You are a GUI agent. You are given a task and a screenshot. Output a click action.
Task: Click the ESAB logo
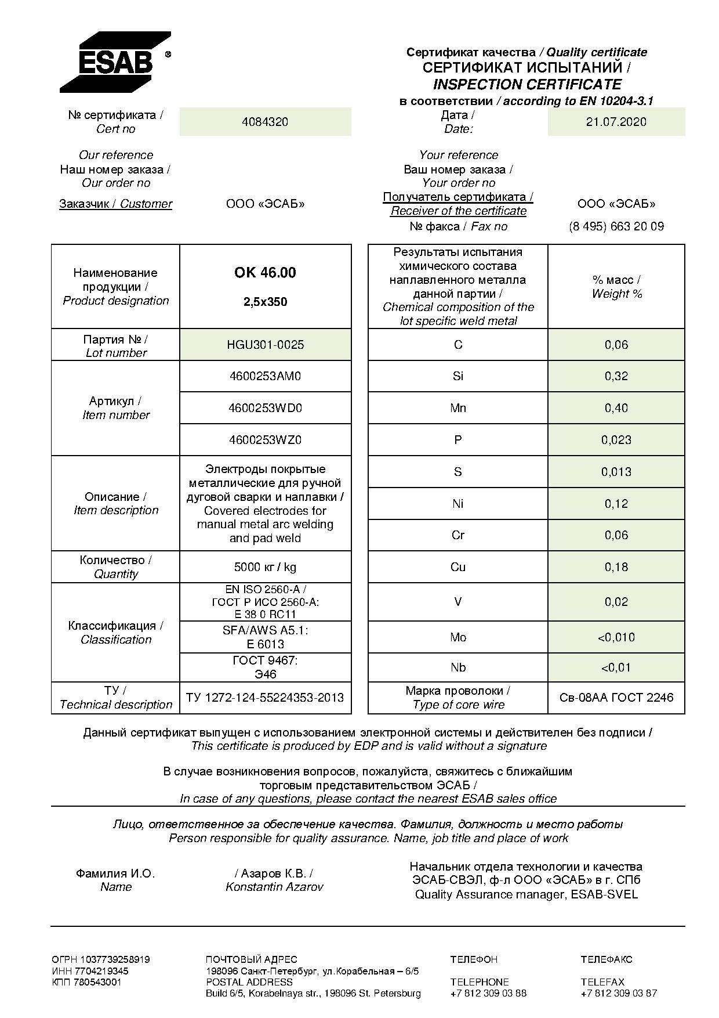[115, 62]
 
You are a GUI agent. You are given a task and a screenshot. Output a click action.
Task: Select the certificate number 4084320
[265, 122]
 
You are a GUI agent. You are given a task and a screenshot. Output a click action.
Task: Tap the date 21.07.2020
[616, 122]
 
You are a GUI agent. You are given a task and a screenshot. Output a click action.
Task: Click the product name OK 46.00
[265, 273]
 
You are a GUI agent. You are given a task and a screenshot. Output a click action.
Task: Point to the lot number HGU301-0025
[265, 345]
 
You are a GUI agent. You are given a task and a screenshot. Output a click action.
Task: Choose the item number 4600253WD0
[265, 408]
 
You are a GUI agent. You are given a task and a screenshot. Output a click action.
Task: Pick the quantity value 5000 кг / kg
[265, 567]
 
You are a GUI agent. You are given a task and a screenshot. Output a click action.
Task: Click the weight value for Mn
[616, 408]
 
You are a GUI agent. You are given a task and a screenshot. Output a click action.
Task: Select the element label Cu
[458, 567]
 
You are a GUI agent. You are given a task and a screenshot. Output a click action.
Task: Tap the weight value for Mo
[616, 637]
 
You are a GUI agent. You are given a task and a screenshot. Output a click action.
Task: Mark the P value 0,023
[616, 440]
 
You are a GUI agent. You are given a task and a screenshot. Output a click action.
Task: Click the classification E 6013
[265, 644]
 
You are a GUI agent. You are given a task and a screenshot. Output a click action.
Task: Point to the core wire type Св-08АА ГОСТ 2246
[616, 698]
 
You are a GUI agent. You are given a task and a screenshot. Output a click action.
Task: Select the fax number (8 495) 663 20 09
[616, 226]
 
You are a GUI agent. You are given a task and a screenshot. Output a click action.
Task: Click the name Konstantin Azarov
[274, 887]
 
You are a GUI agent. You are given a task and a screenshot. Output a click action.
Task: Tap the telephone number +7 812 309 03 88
[488, 993]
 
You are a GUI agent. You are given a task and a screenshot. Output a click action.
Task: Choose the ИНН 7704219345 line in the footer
[90, 970]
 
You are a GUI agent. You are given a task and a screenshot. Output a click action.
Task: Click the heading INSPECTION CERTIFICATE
[526, 84]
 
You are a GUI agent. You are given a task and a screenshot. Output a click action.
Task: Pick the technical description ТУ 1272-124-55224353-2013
[265, 698]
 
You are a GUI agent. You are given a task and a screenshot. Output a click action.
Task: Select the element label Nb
[458, 667]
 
